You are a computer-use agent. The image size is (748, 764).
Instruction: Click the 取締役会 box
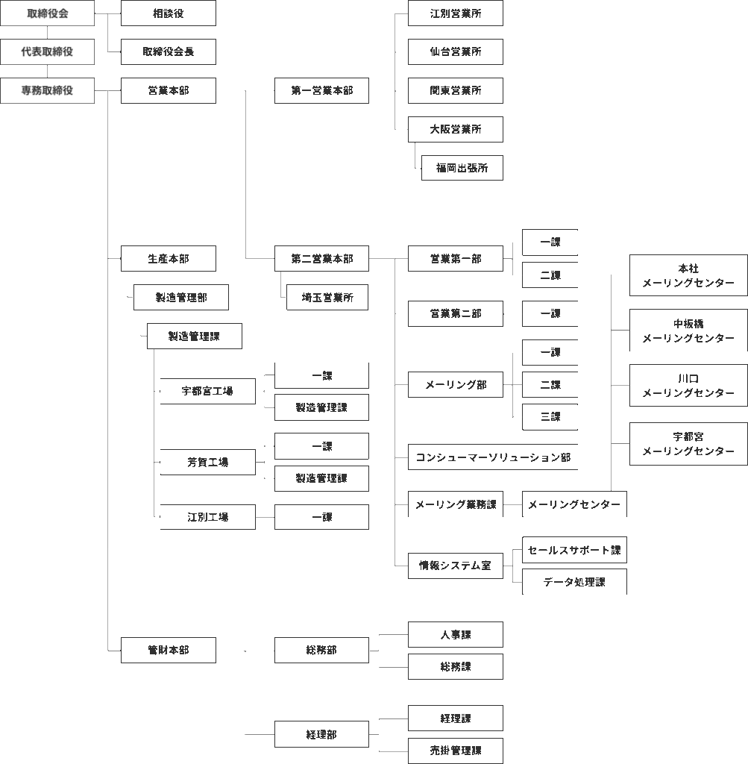[x=47, y=13]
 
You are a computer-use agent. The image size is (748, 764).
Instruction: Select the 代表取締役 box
[x=47, y=51]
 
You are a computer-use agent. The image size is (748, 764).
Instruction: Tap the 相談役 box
[x=169, y=13]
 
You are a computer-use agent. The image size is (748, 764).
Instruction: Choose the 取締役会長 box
[x=169, y=51]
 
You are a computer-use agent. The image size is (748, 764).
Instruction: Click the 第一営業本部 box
[x=322, y=90]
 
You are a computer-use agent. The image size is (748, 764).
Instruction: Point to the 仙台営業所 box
[x=456, y=51]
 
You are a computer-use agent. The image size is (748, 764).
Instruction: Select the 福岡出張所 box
[x=462, y=168]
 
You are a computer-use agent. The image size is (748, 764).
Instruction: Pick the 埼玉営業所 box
[x=327, y=297]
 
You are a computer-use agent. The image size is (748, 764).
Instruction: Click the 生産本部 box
[x=169, y=259]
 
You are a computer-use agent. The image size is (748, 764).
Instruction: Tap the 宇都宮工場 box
[x=207, y=391]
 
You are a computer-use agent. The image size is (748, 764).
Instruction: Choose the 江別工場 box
[x=207, y=517]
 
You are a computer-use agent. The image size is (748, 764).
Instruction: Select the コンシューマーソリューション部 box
[x=493, y=457]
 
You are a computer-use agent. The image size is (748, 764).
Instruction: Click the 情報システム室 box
[x=456, y=566]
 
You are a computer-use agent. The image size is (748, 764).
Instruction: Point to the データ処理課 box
[x=574, y=582]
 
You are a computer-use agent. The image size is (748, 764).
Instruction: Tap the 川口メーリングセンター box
[x=688, y=386]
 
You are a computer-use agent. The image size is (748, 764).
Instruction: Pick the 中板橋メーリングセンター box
[x=688, y=331]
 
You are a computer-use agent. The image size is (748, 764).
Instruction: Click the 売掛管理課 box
[x=456, y=751]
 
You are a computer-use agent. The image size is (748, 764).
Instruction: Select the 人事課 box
[x=456, y=634]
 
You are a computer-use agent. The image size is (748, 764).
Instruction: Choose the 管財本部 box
[x=169, y=650]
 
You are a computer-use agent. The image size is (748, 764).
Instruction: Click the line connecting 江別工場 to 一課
[x=265, y=517]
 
